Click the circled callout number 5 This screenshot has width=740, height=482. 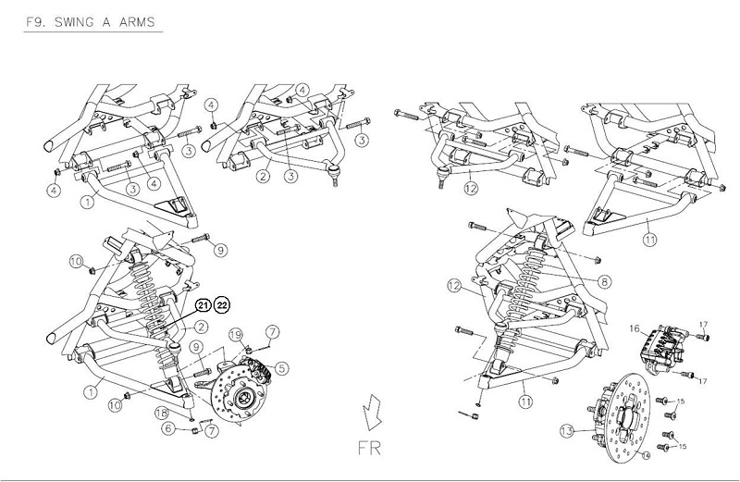point(281,367)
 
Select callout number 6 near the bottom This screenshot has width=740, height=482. point(168,427)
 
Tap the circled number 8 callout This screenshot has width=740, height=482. point(603,281)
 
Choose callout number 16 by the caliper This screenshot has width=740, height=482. point(635,328)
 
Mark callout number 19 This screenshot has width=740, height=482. point(235,334)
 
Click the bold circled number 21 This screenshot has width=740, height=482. point(203,305)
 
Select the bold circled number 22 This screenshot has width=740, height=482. point(224,305)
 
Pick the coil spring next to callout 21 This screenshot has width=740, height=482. point(154,288)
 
